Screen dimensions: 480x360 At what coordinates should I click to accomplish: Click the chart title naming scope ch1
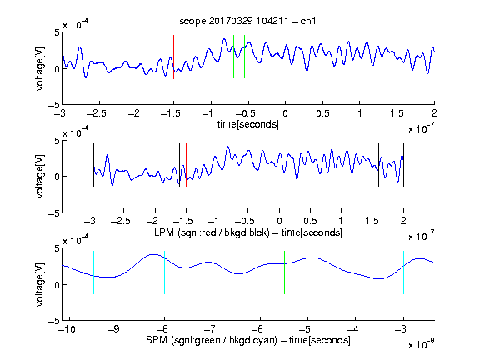[247, 21]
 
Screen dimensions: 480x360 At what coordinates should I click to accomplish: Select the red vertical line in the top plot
[173, 57]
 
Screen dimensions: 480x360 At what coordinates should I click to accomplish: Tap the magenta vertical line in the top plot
[397, 57]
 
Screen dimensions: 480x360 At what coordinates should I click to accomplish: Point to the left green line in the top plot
[233, 57]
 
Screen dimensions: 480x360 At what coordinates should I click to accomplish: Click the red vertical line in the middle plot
[186, 165]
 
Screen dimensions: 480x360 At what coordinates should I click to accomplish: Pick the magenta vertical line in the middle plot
[372, 165]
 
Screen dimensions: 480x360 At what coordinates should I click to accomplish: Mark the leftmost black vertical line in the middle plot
[93, 165]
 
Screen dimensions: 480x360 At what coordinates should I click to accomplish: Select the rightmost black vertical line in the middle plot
[403, 165]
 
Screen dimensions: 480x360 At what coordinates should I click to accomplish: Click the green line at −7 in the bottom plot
[212, 272]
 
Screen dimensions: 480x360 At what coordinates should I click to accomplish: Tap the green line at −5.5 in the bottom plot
[285, 272]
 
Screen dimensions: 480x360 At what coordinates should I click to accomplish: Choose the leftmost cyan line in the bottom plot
[93, 272]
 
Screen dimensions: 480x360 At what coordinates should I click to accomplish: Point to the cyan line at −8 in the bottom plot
[165, 272]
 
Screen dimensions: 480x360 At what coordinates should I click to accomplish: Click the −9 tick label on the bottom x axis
[114, 329]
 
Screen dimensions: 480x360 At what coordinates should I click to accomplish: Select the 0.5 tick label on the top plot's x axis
[322, 113]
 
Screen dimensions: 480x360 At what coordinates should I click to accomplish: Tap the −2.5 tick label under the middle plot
[121, 221]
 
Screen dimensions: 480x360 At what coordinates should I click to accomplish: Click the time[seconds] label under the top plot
[248, 124]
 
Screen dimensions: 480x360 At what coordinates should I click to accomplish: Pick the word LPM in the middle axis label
[164, 232]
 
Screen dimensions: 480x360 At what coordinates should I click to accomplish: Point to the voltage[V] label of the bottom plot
[40, 285]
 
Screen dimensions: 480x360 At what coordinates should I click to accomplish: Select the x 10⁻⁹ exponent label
[421, 344]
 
